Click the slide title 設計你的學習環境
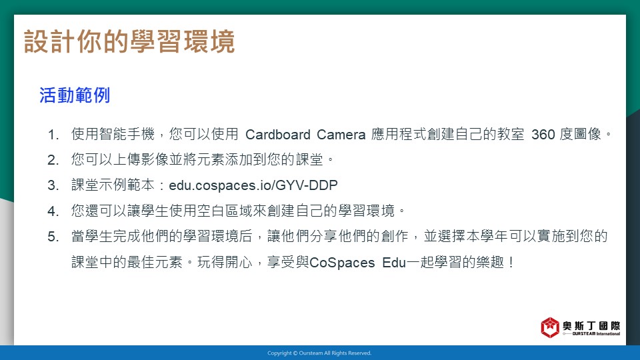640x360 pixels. coord(129,41)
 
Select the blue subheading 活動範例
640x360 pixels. coord(75,95)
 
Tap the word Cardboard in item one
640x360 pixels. coord(278,134)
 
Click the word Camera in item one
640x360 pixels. coord(341,134)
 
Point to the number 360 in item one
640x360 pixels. coord(543,134)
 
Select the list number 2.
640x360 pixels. coord(53,160)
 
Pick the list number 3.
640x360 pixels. coord(53,185)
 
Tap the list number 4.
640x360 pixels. coord(53,211)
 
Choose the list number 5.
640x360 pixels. coord(53,237)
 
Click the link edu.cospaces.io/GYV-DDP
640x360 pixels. coord(253,185)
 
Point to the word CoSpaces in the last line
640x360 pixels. coord(342,263)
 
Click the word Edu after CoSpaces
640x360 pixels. coord(394,263)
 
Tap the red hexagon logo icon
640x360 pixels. coord(550,327)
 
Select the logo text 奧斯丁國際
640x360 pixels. coord(591,326)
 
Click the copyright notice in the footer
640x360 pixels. coord(319,353)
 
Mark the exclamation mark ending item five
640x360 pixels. coord(511,263)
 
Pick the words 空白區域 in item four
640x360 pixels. coord(225,211)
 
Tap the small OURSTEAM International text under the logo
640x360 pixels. coord(596,334)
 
